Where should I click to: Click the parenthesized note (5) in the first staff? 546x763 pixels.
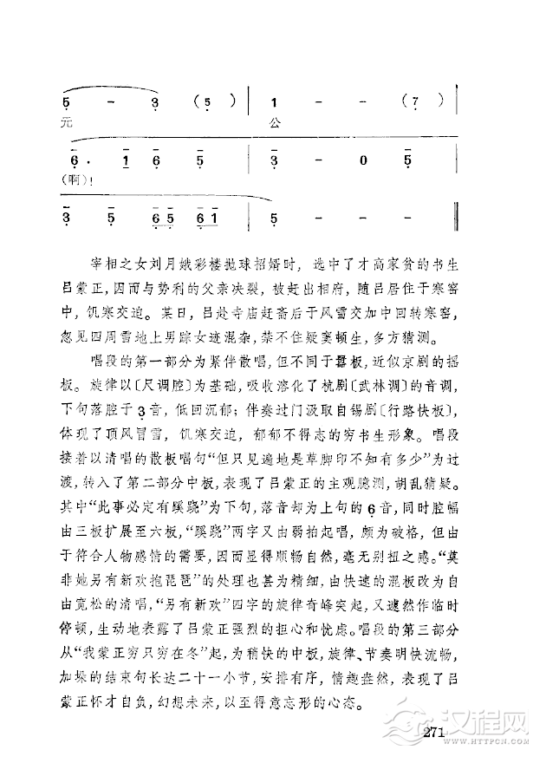click(x=209, y=101)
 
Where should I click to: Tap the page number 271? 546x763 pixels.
click(x=434, y=734)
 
